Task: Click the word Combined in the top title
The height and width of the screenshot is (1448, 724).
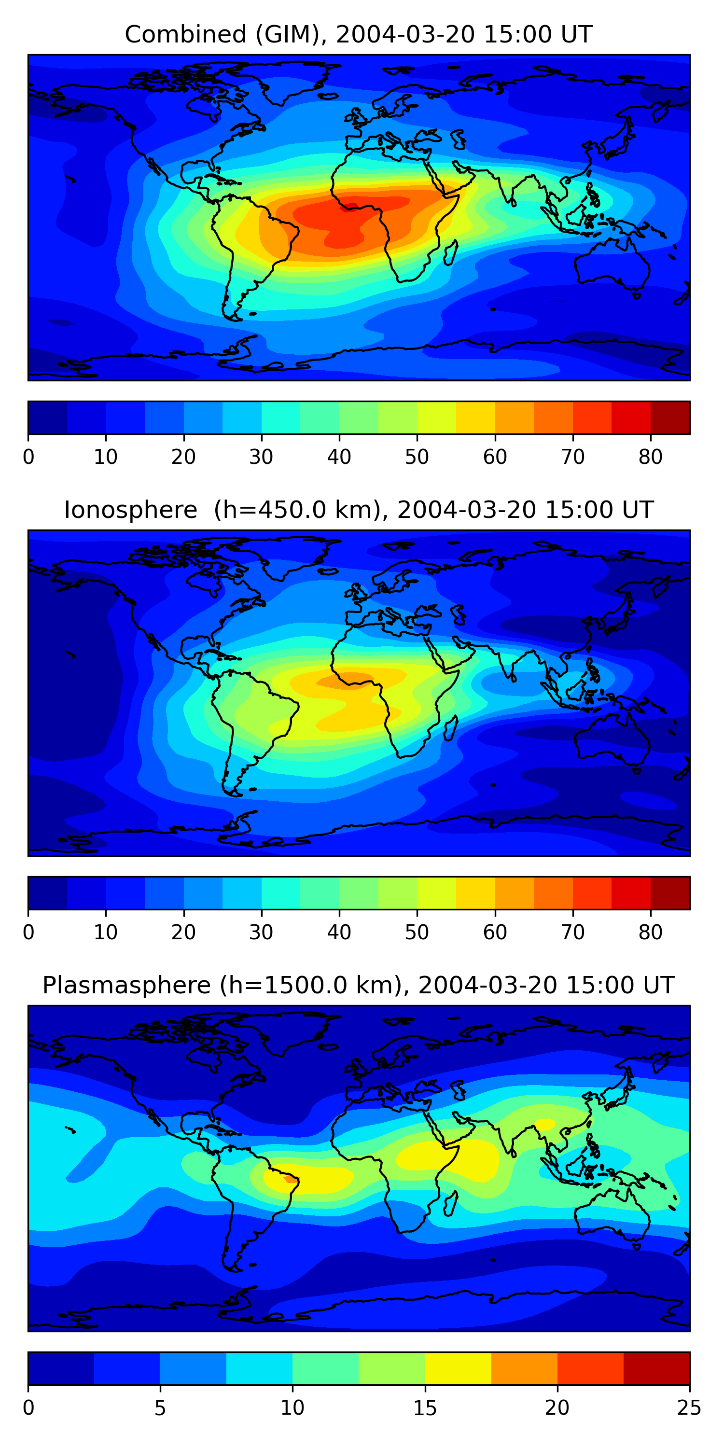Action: (x=185, y=35)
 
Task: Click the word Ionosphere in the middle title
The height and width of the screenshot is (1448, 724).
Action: (x=130, y=510)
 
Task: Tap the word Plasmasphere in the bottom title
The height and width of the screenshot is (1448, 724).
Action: (x=126, y=986)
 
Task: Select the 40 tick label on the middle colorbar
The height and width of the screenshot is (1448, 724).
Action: (x=339, y=933)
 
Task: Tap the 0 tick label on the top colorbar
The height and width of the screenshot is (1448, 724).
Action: (x=28, y=457)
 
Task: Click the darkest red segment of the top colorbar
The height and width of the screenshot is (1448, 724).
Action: (x=670, y=418)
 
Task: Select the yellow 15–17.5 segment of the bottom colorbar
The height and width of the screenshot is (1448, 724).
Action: (x=458, y=1368)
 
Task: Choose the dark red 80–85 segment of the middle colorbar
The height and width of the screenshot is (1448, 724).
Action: (x=670, y=892)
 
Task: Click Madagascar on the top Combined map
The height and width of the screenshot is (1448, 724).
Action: (x=451, y=253)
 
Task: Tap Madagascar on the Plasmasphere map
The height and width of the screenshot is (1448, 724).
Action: (x=451, y=1203)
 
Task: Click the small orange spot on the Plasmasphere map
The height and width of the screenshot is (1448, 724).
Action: (x=291, y=1179)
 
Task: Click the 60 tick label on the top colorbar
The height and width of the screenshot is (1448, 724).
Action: (x=495, y=457)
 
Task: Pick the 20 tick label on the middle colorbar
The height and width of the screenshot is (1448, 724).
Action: (x=183, y=933)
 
